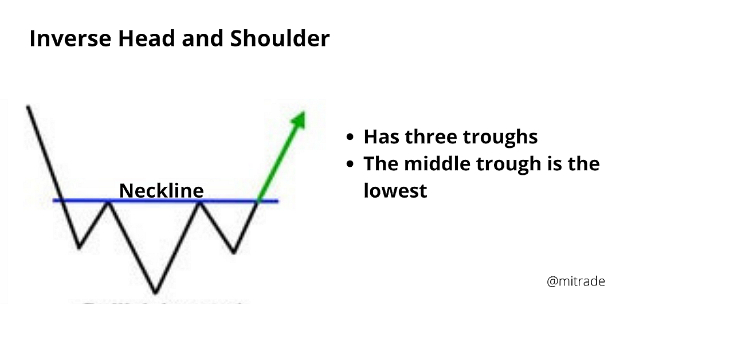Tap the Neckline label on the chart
coord(161,190)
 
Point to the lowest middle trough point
coord(155,293)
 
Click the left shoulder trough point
coord(79,248)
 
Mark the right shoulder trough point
coord(234,252)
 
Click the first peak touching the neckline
coord(107,201)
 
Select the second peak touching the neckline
coord(199,201)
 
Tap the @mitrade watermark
coord(576,281)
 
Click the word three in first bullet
coord(432,137)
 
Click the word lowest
coord(395,190)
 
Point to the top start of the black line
coord(28,107)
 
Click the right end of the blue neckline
coord(277,201)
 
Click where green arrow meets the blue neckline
coord(258,201)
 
